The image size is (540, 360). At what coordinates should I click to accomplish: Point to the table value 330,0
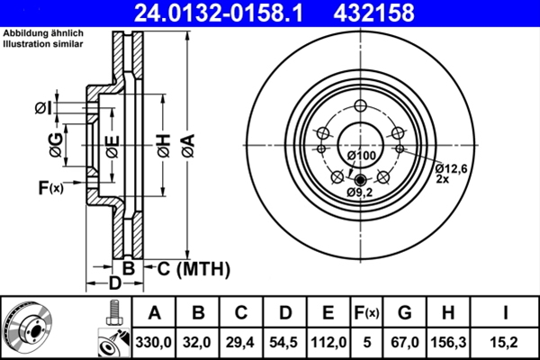(x=155, y=341)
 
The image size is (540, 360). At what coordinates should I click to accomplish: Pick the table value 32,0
(x=199, y=341)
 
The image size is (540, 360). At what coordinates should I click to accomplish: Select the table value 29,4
(x=242, y=341)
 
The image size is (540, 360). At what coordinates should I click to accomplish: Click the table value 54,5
(x=285, y=341)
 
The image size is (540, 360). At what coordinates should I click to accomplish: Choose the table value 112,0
(x=328, y=341)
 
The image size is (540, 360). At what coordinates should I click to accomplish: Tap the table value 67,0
(x=404, y=341)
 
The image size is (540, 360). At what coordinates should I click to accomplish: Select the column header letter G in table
(x=404, y=313)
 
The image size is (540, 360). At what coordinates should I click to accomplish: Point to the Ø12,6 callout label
(x=452, y=167)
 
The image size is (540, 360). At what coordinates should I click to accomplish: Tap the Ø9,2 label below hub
(x=359, y=193)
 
